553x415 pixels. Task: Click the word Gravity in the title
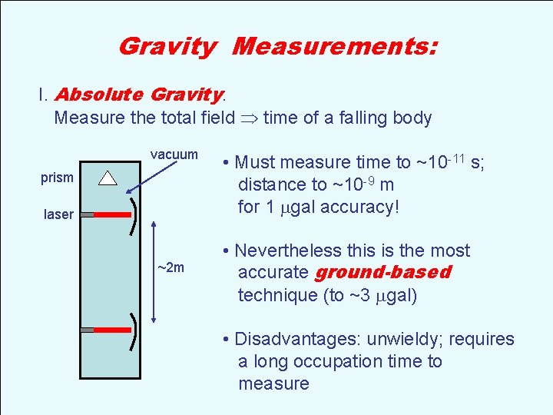(x=167, y=47)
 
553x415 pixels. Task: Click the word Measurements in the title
(x=335, y=47)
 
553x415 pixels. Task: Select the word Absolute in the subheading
(x=99, y=95)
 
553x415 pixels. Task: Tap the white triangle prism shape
(x=108, y=178)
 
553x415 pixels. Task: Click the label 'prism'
(x=57, y=178)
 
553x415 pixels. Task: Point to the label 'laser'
(x=58, y=215)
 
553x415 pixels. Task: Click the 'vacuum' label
(x=174, y=154)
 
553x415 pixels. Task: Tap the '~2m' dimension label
(x=171, y=267)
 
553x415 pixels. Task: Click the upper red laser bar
(x=111, y=215)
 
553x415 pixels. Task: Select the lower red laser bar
(x=111, y=329)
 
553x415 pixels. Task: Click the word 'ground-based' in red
(x=383, y=273)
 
